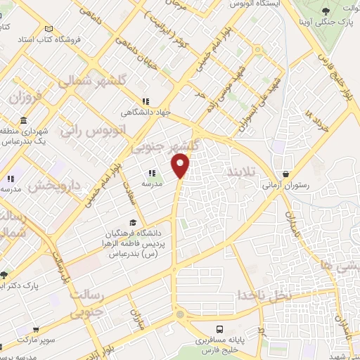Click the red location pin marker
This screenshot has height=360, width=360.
pos(181,166)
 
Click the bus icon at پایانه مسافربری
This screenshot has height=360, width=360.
pos(220,328)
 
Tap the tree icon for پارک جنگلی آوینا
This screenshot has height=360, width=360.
pos(326,11)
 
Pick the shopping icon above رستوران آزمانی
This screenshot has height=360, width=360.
pos(286,174)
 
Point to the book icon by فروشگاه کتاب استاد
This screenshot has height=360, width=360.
pos(48,29)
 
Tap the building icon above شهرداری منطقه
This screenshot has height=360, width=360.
pos(22,131)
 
